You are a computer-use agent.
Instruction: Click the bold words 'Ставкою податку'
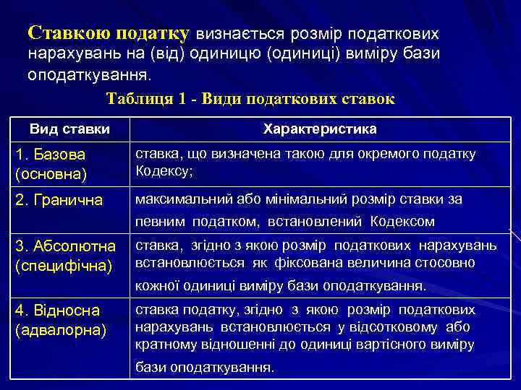[109, 33]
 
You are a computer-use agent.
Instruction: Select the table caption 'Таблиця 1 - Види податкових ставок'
[250, 100]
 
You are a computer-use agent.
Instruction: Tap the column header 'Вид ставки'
[70, 129]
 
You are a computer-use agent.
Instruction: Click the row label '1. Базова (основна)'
[51, 164]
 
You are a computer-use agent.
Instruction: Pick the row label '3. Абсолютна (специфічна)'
[64, 256]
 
